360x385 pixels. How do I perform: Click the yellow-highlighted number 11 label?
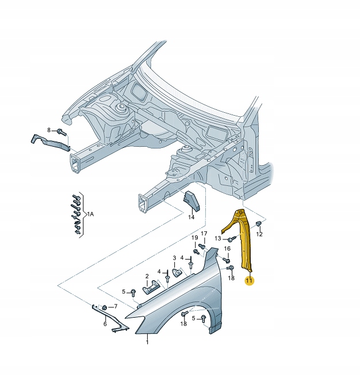tap(249, 281)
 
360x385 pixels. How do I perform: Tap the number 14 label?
tap(192, 218)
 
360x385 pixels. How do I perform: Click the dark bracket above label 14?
tap(190, 202)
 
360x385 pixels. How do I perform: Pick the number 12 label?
tap(259, 234)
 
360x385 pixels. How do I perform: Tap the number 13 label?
tap(218, 238)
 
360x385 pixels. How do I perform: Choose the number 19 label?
tap(195, 238)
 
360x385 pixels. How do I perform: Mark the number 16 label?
tap(227, 249)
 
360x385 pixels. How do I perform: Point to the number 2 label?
tap(147, 276)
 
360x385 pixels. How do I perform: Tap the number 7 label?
tap(115, 306)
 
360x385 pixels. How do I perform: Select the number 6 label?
tap(105, 325)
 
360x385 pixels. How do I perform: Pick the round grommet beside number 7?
tap(105, 307)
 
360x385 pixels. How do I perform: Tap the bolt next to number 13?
tap(230, 238)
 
